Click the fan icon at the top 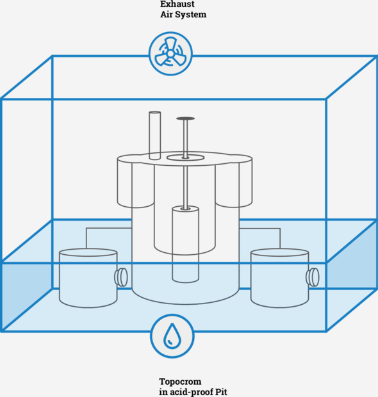click(x=170, y=54)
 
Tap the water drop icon click(x=172, y=336)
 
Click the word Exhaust click(x=177, y=4)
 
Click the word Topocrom click(x=180, y=381)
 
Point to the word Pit click(x=221, y=392)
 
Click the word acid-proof click(x=192, y=392)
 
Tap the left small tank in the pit click(x=88, y=278)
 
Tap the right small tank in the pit click(x=280, y=278)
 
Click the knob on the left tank click(x=121, y=277)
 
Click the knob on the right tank click(x=313, y=277)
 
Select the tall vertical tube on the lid click(x=155, y=136)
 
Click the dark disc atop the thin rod click(x=185, y=118)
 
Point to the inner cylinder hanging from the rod click(x=185, y=245)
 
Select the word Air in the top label click(x=165, y=15)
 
